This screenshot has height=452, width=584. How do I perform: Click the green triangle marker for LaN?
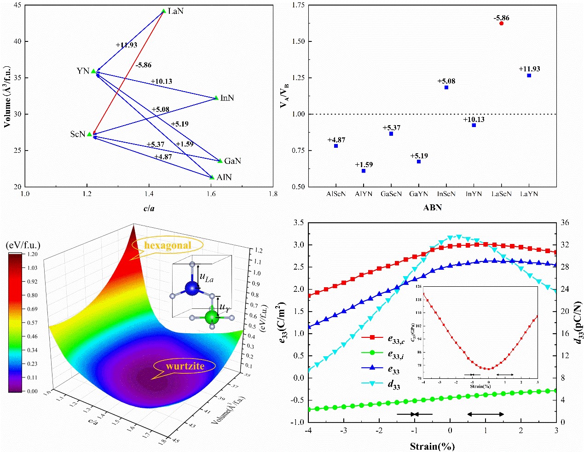coord(164,11)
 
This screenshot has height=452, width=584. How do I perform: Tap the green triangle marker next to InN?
coord(217,98)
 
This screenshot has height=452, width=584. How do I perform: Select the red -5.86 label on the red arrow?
coord(143,65)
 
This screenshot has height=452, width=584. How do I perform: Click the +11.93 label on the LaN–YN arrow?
coord(126,45)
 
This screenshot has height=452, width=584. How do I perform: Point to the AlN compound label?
coord(224,177)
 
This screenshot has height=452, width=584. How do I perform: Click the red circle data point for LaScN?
coord(501,23)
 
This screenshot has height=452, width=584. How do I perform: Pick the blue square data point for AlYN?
coord(364,171)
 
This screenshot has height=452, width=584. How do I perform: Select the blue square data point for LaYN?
coord(529,75)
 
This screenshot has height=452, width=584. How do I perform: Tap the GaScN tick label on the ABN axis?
coord(391,194)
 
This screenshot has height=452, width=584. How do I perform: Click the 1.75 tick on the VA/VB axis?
coord(299,5)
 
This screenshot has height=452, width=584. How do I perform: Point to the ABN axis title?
coord(432,208)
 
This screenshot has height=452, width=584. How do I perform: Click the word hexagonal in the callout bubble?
coord(168,245)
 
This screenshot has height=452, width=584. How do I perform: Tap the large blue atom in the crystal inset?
coord(192,288)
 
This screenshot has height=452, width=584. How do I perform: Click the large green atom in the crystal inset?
coord(211,316)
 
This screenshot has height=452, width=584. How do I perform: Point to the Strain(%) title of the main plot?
coord(432,446)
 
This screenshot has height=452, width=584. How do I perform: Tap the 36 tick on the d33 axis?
coord(565,223)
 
